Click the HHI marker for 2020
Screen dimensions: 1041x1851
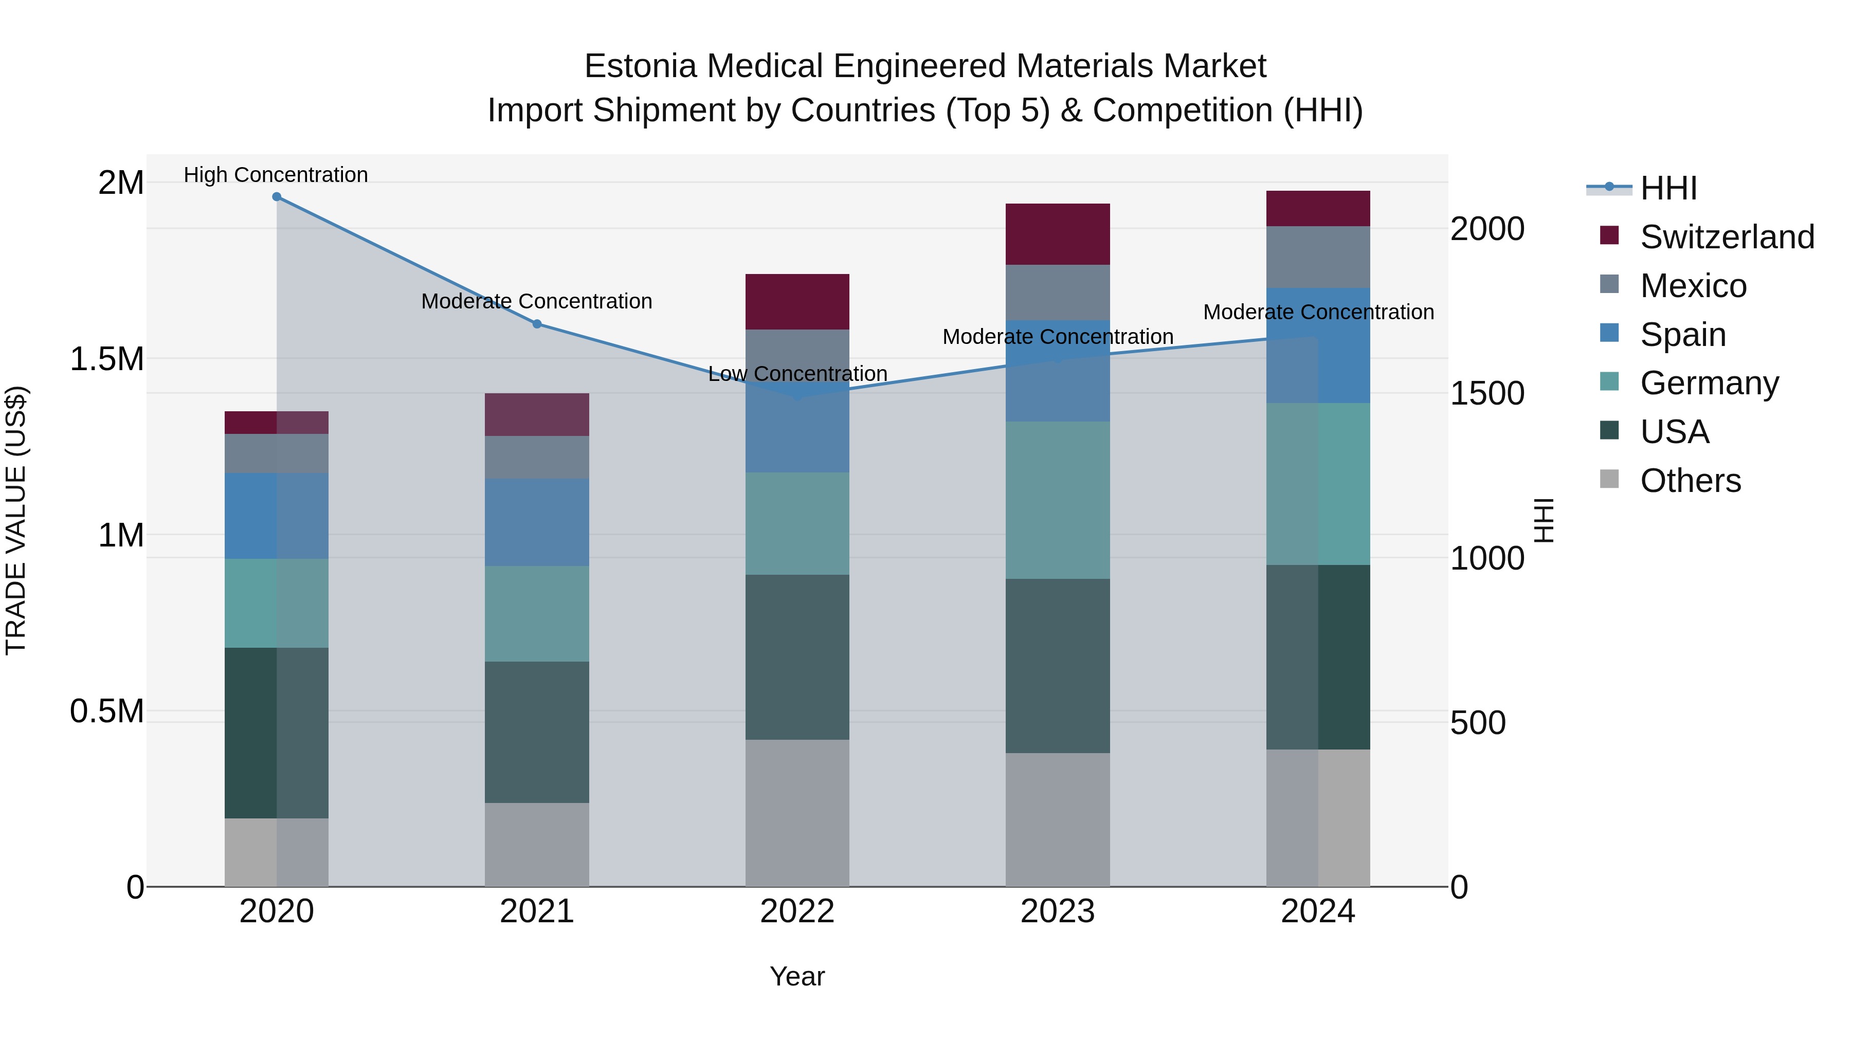click(x=277, y=197)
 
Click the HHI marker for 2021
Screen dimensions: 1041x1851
click(x=537, y=324)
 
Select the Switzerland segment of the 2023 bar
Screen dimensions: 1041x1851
click(x=1057, y=234)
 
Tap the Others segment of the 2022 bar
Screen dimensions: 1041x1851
click(x=797, y=813)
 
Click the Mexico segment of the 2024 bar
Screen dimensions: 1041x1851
click(x=1318, y=257)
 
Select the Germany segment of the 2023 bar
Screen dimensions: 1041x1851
click(x=1057, y=500)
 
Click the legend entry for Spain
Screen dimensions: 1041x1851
click(x=1682, y=335)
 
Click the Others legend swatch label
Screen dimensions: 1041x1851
click(x=1690, y=481)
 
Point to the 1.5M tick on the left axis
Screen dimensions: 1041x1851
click(x=107, y=358)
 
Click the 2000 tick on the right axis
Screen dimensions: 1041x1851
click(x=1486, y=229)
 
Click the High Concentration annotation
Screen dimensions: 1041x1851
click(x=276, y=175)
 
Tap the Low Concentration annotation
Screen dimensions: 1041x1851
click(x=797, y=374)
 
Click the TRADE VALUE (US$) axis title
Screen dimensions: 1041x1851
click(x=16, y=520)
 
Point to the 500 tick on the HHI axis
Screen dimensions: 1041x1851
click(x=1477, y=723)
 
